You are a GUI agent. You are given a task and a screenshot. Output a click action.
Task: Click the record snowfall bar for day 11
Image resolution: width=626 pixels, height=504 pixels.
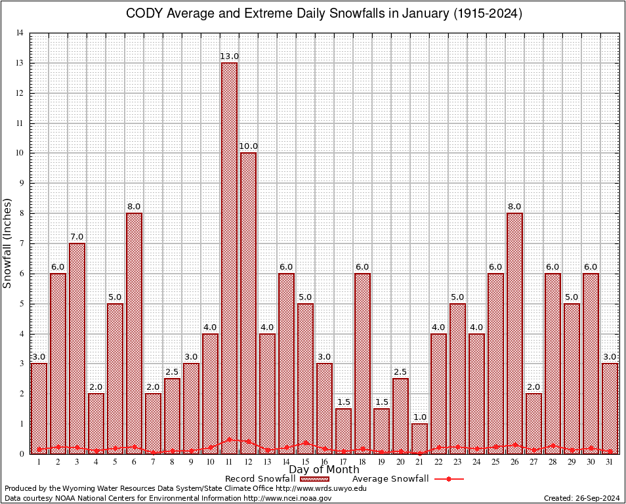pos(229,256)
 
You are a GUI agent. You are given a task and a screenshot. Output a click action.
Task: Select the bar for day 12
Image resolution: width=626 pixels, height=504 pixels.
pos(248,302)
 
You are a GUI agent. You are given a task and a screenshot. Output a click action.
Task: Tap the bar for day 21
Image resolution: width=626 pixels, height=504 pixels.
pos(419,438)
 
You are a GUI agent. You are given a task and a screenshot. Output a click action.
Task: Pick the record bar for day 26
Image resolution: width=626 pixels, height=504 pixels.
pos(514,331)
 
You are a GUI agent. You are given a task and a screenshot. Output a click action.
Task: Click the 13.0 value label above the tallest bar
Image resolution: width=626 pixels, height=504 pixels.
pos(229,57)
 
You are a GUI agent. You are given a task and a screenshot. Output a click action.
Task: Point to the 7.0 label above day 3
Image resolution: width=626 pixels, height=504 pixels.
pos(77,237)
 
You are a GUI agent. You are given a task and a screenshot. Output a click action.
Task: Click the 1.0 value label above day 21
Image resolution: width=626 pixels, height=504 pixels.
pos(419,417)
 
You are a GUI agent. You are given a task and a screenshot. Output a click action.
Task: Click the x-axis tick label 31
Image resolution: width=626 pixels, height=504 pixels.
pos(610,462)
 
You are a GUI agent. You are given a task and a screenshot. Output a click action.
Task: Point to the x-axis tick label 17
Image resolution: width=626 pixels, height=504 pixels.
pos(343,462)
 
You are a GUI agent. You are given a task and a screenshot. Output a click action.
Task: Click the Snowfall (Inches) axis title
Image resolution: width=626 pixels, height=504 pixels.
pos(7,243)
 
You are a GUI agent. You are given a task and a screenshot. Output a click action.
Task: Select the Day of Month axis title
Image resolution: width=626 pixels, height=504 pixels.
pos(323,470)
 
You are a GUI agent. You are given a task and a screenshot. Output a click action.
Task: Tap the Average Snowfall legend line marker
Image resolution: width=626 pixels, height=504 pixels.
pos(448,479)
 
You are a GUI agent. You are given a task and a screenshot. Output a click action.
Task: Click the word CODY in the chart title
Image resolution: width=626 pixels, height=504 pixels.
pos(142,14)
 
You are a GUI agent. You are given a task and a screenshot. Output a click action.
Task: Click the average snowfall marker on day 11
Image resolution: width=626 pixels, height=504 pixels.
pos(229,440)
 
